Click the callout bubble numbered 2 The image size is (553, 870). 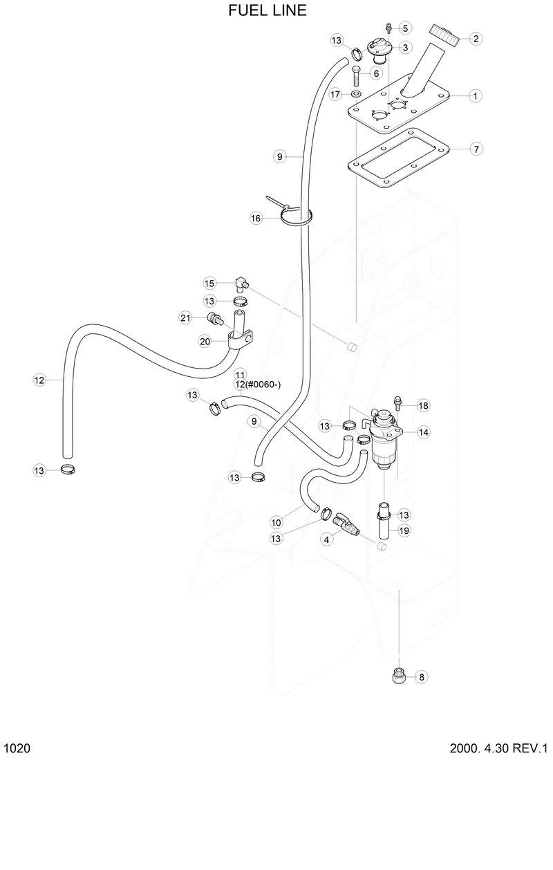pos(476,39)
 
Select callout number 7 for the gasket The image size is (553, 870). pos(476,149)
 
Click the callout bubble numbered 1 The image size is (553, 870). pos(476,95)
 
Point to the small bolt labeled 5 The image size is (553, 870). pos(389,27)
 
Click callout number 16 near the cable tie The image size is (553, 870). pos(256,218)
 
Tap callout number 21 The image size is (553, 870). pos(185,317)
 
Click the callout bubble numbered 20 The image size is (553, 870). pos(205,341)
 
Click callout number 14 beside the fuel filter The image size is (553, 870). pos(423,432)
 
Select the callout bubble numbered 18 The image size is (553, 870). pos(423,405)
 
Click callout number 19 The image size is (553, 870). pos(405,530)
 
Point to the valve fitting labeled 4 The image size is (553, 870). pos(344,526)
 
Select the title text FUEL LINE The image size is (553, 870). pos(267,11)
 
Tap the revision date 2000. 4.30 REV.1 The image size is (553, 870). pos(498,749)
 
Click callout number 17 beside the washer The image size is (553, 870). pos(335,94)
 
